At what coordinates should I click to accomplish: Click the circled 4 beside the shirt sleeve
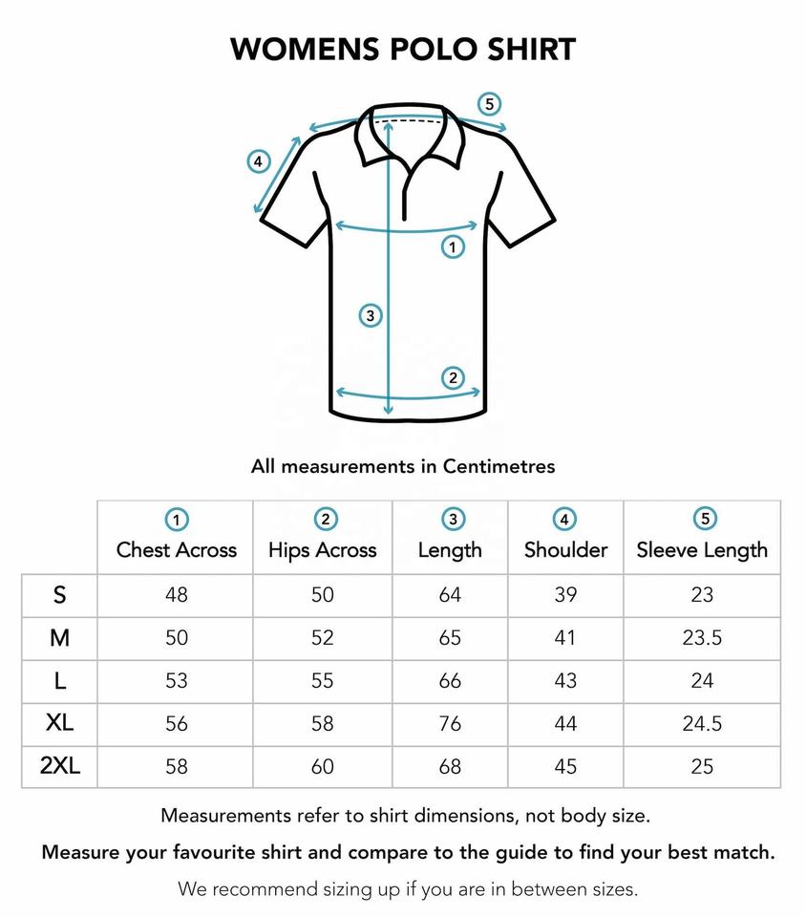[258, 161]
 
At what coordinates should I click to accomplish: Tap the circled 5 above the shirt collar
[490, 104]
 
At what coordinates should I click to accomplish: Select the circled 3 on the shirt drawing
[371, 315]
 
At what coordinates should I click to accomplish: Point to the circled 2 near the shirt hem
[453, 377]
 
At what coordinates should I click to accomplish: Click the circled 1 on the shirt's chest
[453, 247]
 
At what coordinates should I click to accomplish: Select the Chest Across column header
[177, 550]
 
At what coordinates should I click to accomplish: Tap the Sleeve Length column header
[702, 550]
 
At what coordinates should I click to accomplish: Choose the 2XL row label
[60, 766]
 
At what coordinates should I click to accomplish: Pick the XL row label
[60, 723]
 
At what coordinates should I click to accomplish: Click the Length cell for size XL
[450, 724]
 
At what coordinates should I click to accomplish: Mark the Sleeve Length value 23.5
[702, 638]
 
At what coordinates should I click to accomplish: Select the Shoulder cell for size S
[565, 595]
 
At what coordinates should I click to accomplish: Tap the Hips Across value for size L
[323, 681]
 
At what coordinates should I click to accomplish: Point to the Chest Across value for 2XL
[177, 766]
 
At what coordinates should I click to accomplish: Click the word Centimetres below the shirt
[498, 466]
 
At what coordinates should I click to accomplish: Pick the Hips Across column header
[323, 550]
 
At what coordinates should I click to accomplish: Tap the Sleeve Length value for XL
[702, 724]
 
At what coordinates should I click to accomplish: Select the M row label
[60, 638]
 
